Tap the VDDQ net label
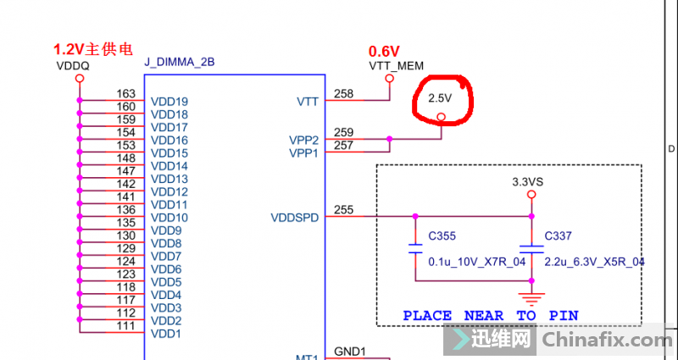pos(73,66)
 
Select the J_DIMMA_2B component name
pos(180,62)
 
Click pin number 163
pos(125,94)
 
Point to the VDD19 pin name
pos(169,102)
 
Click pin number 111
pos(125,326)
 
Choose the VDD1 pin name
pos(165,334)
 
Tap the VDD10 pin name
pos(169,218)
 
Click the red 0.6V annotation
pos(384,52)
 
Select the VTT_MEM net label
pos(396,66)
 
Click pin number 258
pos(344,94)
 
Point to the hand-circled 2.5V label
pos(440,98)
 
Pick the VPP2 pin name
pos(303,141)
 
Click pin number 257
pos(344,145)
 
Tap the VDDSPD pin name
pos(295,218)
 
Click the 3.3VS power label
pos(527,182)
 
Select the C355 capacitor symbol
pos(415,249)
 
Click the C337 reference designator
pos(558,236)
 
